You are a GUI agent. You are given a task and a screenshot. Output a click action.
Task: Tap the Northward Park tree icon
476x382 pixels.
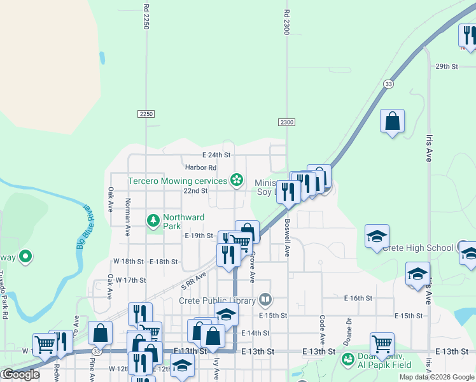click(153, 221)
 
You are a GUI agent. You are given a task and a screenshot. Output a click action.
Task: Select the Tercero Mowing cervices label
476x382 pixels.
click(178, 181)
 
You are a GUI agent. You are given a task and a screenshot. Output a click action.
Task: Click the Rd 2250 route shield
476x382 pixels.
click(146, 113)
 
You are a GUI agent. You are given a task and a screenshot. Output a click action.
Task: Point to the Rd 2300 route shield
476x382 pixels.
click(286, 122)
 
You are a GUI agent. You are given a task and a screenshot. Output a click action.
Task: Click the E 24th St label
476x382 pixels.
click(216, 155)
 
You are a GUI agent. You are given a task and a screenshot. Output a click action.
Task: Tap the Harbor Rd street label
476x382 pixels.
click(201, 167)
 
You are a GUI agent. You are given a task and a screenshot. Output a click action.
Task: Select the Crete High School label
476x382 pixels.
click(417, 248)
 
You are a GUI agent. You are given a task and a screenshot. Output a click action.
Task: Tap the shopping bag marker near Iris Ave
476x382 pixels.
click(393, 121)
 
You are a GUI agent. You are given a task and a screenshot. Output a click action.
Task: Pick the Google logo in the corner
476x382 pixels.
click(20, 374)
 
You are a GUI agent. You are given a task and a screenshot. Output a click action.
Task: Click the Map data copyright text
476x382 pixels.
click(437, 377)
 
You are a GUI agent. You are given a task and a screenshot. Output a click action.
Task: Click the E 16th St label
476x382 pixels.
click(358, 298)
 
